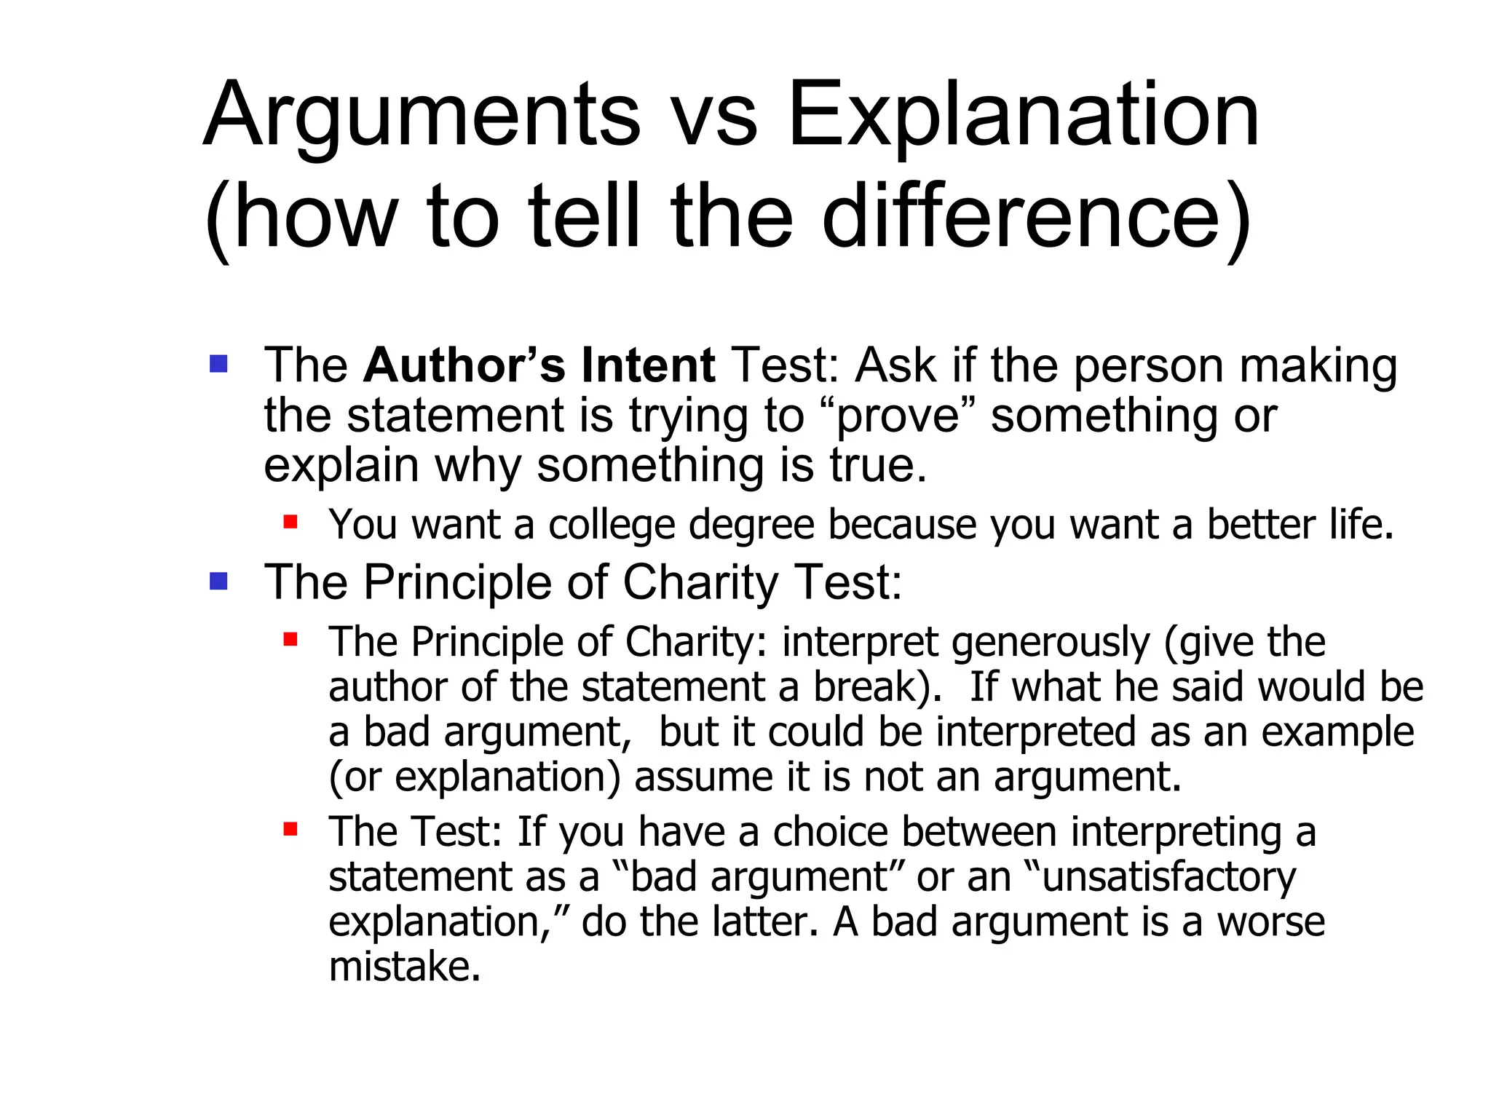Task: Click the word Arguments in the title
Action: pyautogui.click(x=422, y=116)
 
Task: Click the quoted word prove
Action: pyautogui.click(x=898, y=416)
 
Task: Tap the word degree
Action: pyautogui.click(x=751, y=526)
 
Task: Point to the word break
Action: pyautogui.click(x=870, y=687)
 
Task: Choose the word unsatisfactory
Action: pyautogui.click(x=1168, y=878)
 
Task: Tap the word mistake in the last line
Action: pyautogui.click(x=403, y=967)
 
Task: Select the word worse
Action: pyautogui.click(x=1270, y=922)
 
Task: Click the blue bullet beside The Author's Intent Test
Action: pyautogui.click(x=218, y=363)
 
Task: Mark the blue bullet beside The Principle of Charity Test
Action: pyautogui.click(x=218, y=581)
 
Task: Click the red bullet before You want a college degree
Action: pyautogui.click(x=290, y=522)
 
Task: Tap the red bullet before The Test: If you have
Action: pyautogui.click(x=290, y=829)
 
